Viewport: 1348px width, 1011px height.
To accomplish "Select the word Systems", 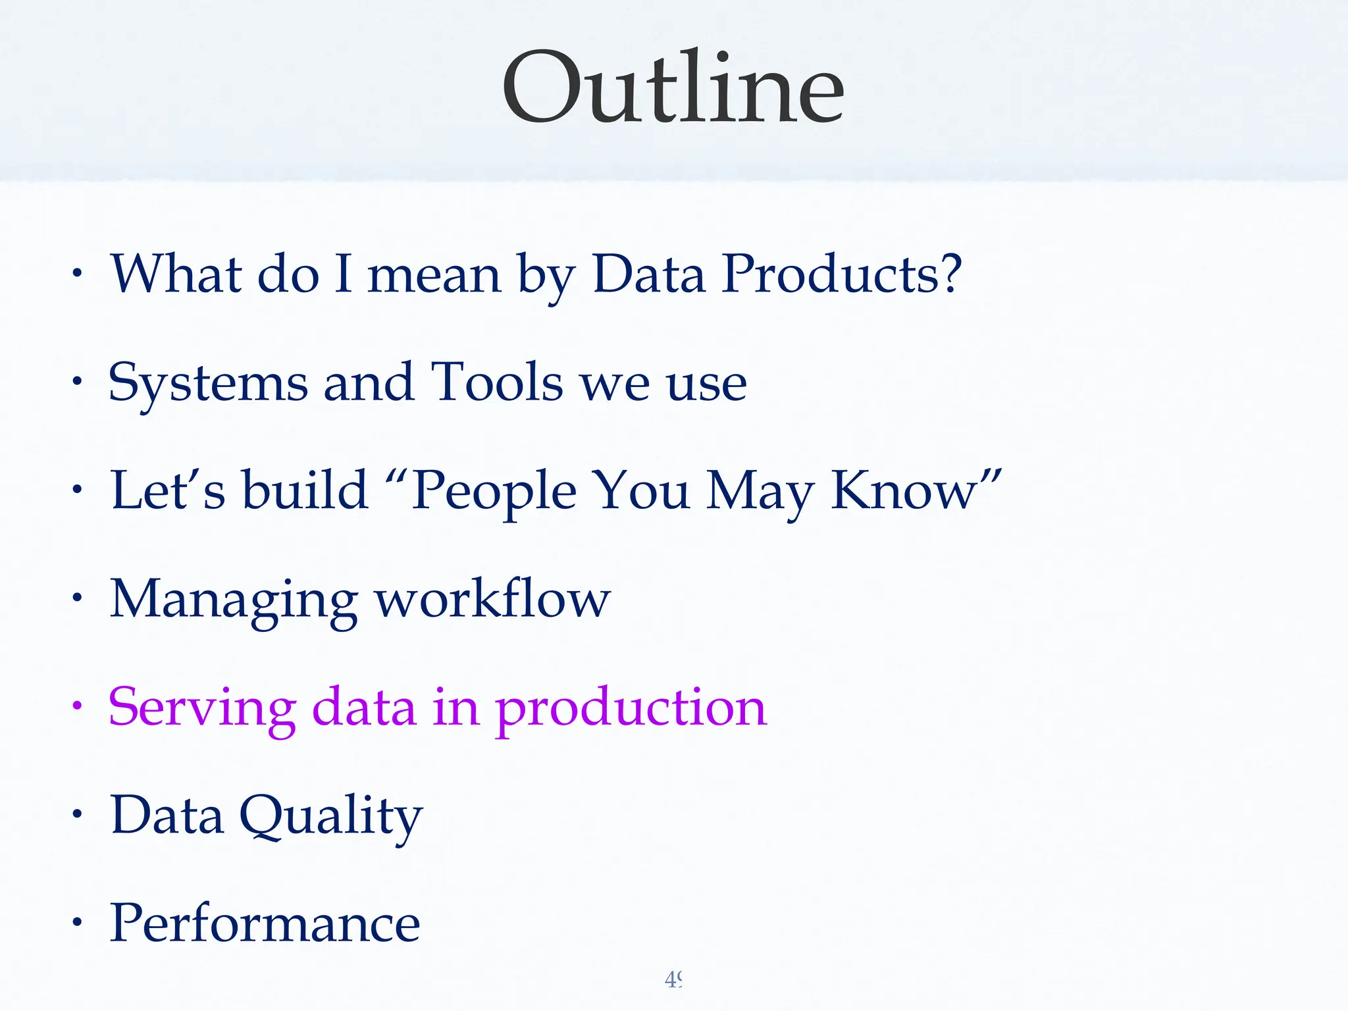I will [208, 383].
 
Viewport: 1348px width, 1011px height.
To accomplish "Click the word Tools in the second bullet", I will [496, 382].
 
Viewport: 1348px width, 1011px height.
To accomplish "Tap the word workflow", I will [492, 599].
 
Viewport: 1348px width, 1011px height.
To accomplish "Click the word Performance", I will [265, 923].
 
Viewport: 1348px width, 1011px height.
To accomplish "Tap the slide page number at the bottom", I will [673, 980].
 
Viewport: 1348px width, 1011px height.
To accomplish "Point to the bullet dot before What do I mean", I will [78, 273].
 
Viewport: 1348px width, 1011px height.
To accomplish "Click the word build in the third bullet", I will [305, 491].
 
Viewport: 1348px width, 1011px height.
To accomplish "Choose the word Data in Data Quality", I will [167, 816].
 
